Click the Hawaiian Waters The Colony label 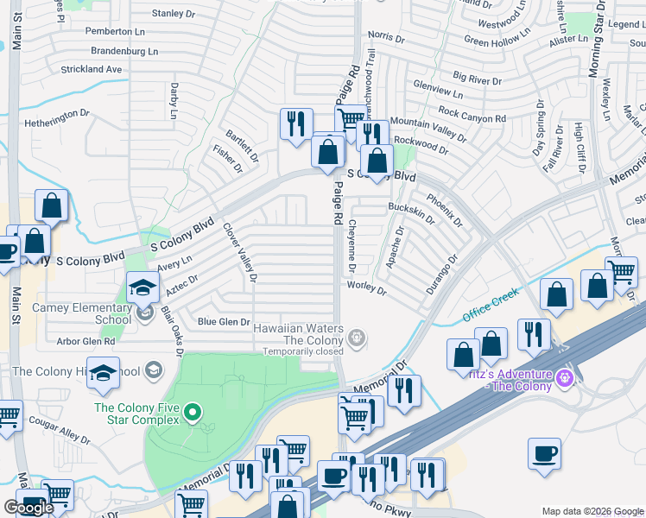click(297, 334)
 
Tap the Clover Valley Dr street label click(241, 253)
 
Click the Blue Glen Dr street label click(224, 322)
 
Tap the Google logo click(28, 508)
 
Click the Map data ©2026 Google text click(592, 511)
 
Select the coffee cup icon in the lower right click(544, 453)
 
